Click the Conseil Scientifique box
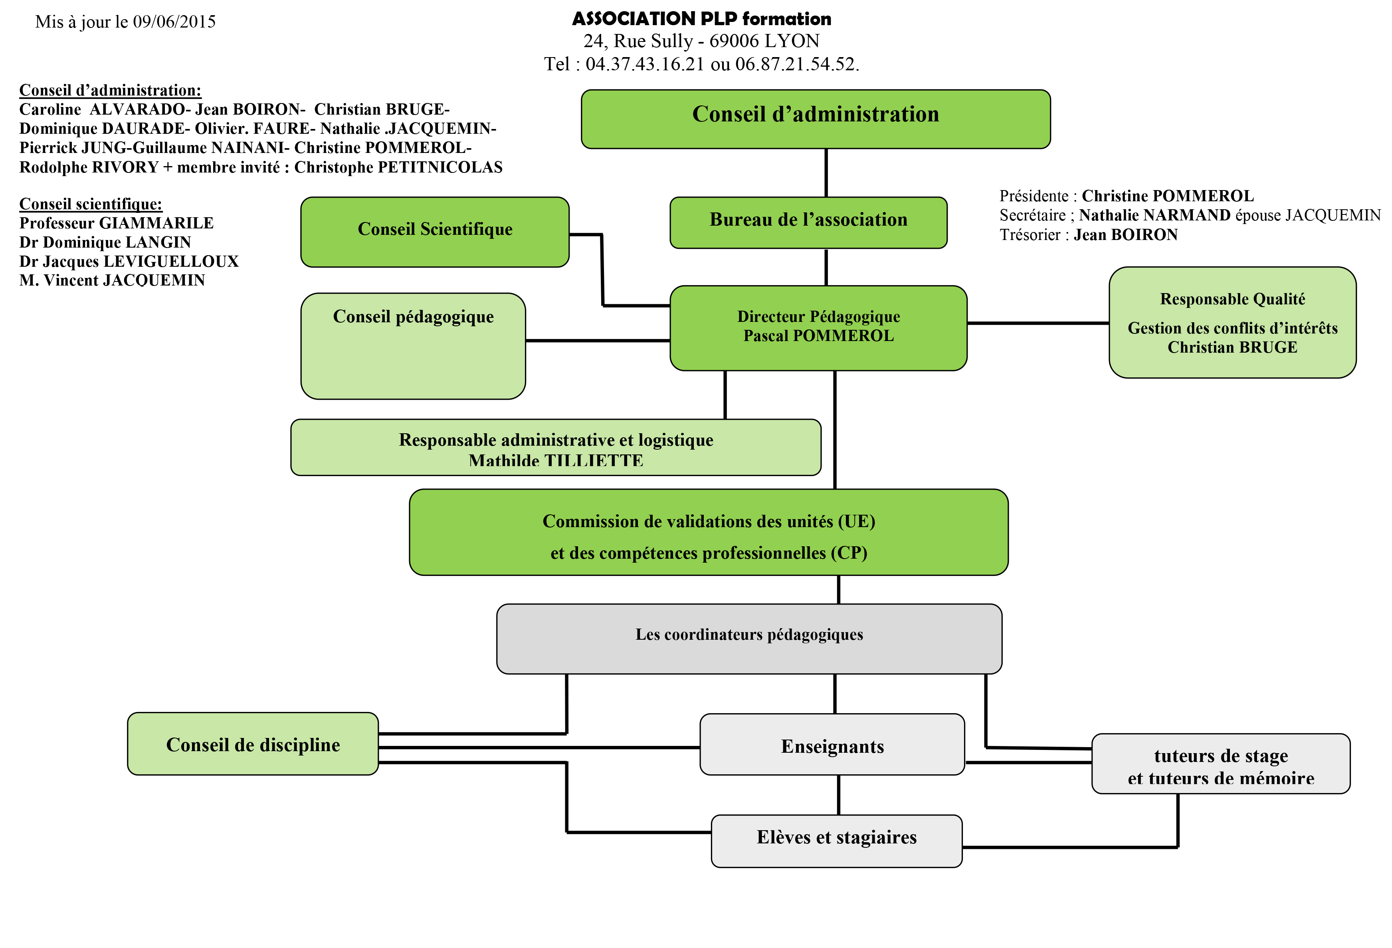(435, 232)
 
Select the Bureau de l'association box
(809, 222)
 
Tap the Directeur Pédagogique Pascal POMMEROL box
(818, 328)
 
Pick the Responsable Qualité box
(1233, 322)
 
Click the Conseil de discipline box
(253, 744)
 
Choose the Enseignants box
(832, 744)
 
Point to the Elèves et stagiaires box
(837, 841)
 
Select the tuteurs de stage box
(1221, 764)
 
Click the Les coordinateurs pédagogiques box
(749, 639)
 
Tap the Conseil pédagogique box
(413, 346)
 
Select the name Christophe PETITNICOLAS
(398, 167)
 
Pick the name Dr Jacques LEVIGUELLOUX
(129, 261)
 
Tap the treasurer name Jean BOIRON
(1125, 235)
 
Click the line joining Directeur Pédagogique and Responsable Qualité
(1038, 323)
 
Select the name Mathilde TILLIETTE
(556, 461)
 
